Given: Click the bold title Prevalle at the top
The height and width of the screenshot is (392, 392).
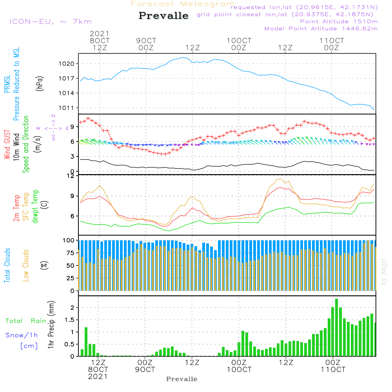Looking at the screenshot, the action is pos(163,16).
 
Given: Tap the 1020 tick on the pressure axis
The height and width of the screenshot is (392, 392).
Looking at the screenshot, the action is pos(67,64).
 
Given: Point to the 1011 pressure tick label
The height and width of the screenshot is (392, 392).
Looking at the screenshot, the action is pos(67,108).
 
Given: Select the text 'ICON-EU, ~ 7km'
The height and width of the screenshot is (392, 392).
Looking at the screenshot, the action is pos(51,22).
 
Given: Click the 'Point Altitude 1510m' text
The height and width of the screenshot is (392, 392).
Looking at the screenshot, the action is pos(339,22).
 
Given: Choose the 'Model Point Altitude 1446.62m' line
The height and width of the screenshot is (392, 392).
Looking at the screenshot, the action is pos(321,29).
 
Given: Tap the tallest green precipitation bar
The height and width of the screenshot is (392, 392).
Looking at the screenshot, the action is pos(336,327).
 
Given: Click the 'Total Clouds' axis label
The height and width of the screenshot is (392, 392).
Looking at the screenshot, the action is pos(7,265).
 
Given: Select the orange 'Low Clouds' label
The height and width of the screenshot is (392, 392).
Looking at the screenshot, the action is pos(26,265).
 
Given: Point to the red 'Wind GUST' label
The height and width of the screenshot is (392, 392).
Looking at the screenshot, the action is pos(7,144).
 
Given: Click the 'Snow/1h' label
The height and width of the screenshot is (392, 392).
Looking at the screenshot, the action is pos(22,335).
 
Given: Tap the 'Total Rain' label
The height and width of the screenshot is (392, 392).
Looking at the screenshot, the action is pos(25,321).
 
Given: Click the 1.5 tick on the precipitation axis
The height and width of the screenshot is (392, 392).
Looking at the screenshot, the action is pos(69,320).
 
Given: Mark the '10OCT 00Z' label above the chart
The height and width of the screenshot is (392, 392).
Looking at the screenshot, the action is pos(239,44).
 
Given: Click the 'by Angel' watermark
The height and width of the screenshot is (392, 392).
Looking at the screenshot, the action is pos(383,272).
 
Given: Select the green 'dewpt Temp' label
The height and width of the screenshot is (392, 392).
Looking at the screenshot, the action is pos(35,206).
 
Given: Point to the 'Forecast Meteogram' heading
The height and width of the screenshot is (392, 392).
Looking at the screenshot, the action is pos(183,4).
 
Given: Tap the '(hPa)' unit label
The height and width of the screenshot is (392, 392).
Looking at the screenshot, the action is pos(40,83).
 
